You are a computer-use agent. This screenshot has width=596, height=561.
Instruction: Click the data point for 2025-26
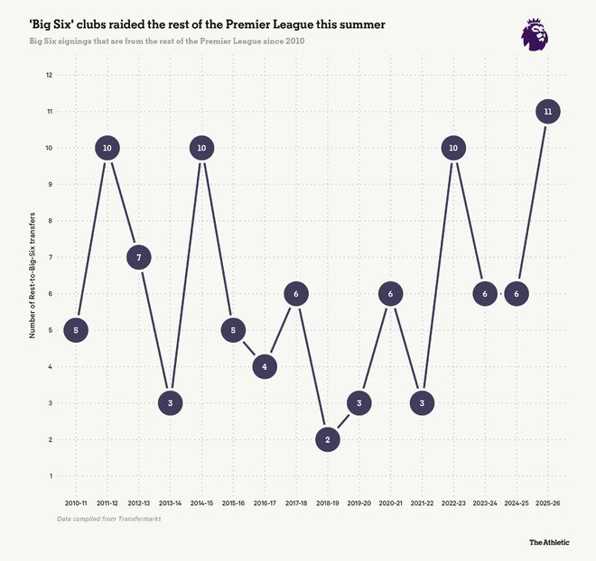548,112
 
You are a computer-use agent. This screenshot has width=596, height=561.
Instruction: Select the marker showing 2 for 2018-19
328,439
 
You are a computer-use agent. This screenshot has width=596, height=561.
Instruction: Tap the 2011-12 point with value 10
107,148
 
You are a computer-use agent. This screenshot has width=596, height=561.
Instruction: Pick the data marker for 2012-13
139,257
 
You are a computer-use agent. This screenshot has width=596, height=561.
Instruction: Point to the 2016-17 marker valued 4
265,366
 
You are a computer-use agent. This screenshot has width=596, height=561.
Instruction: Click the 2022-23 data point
453,148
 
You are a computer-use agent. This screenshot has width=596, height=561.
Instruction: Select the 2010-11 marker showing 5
76,330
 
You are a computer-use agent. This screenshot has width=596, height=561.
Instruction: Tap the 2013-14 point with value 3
171,403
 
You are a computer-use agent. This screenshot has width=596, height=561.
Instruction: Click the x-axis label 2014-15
202,502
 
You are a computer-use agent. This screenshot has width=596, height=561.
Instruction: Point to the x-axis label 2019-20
359,502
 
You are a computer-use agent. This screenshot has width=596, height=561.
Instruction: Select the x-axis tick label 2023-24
485,502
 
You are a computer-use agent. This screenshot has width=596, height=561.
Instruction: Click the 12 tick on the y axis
49,75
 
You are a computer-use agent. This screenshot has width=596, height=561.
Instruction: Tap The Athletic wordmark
549,542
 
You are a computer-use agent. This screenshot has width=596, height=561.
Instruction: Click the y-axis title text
33,275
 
